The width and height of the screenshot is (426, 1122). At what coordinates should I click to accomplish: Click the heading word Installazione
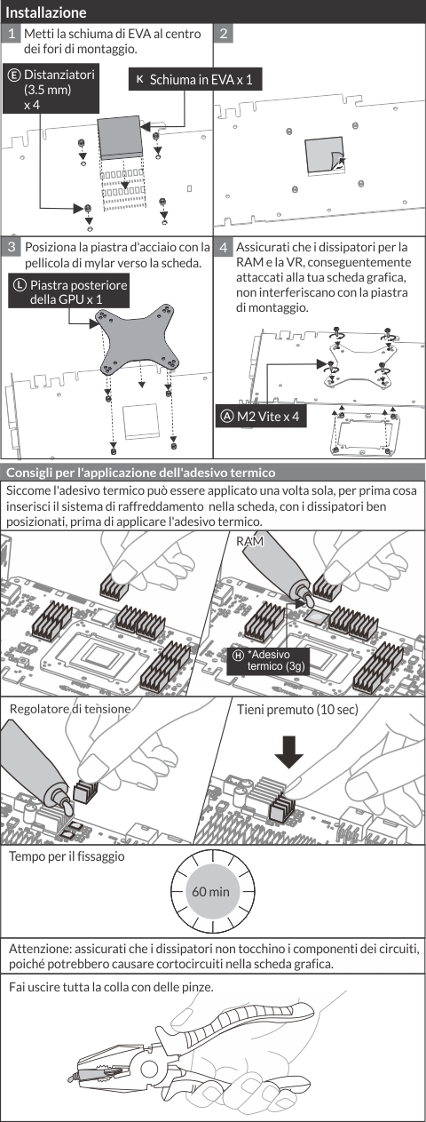pos(45,12)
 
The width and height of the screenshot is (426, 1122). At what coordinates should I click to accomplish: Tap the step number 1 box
pos(12,34)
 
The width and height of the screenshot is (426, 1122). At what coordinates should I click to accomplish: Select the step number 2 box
pos(224,34)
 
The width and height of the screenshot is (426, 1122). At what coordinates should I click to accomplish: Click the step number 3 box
pos(12,247)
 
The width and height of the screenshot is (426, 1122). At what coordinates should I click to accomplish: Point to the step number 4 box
pos(224,247)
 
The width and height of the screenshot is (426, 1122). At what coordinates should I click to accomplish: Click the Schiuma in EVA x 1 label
pos(195,79)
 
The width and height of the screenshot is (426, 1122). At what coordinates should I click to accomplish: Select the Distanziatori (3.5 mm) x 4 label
pos(51,89)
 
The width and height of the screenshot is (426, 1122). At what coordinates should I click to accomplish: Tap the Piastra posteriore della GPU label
pos(68,291)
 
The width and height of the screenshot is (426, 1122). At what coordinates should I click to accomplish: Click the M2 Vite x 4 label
pos(260,417)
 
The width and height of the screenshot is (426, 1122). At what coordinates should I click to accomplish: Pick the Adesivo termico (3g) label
pos(269,661)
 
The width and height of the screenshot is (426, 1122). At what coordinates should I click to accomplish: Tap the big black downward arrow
pos(288,752)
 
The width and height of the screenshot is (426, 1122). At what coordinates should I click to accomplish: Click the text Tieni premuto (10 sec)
pos(297,709)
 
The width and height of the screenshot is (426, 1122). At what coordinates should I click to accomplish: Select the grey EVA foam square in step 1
pos(120,136)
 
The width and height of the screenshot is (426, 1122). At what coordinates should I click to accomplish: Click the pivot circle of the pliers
pos(150,1069)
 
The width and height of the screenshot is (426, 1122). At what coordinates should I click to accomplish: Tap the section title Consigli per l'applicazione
pos(140,473)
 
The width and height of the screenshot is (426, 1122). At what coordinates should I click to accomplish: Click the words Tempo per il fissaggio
pos(67,856)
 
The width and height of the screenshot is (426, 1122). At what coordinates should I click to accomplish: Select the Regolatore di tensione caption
pos(70,709)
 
